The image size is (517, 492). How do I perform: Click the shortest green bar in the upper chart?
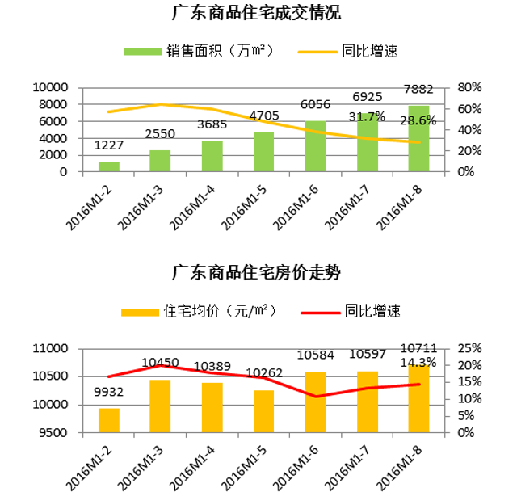point(109,164)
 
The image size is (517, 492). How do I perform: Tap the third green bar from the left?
point(212,154)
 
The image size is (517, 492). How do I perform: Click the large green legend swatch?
point(125,36)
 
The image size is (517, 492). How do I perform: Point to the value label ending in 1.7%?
point(368,117)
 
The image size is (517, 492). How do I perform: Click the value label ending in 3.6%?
point(419,120)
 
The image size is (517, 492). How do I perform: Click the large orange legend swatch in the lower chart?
point(123,299)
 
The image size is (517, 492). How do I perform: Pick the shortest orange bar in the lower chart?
point(109,418)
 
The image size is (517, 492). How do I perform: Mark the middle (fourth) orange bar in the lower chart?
point(264,408)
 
